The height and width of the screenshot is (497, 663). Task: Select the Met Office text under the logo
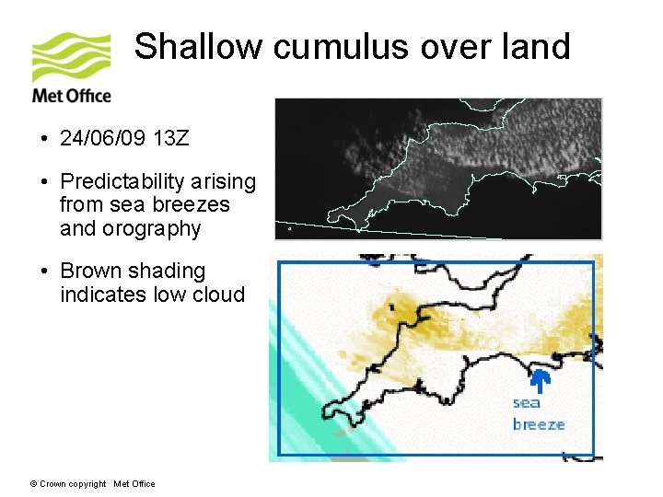pos(71,96)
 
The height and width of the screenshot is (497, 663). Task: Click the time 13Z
pos(171,139)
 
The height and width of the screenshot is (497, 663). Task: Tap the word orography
pos(155,229)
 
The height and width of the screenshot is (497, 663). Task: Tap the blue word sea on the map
pos(527,402)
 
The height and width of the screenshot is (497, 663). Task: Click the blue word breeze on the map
pos(539,424)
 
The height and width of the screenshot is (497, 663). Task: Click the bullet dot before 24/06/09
pos(44,140)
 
